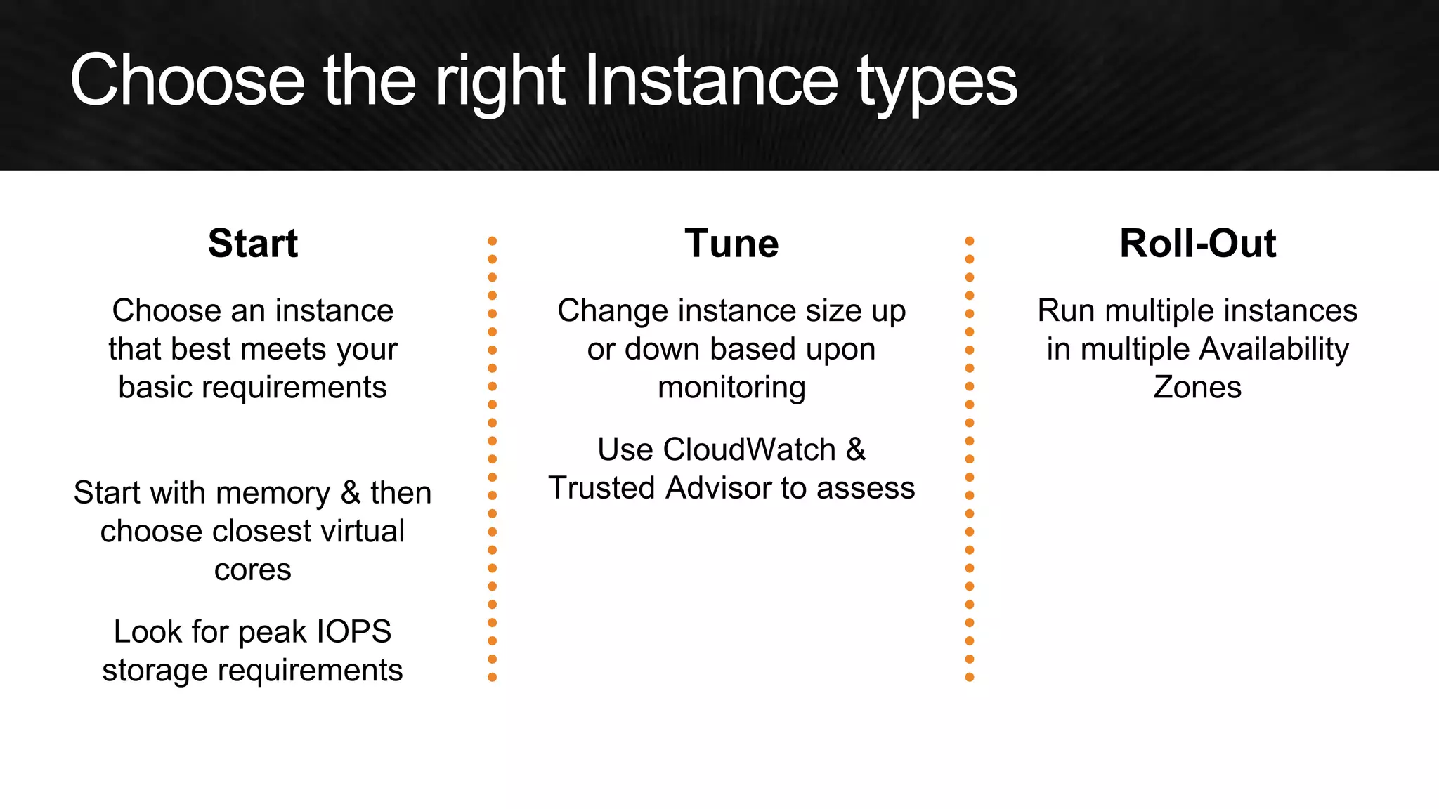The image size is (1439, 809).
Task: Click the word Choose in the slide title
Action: pyautogui.click(x=187, y=81)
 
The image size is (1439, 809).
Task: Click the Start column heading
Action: pyautogui.click(x=253, y=244)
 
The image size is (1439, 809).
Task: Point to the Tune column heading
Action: pyautogui.click(x=731, y=244)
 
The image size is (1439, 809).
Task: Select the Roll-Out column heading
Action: pyautogui.click(x=1197, y=244)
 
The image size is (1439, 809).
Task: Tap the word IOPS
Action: pyautogui.click(x=353, y=631)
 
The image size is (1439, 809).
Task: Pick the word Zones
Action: pyautogui.click(x=1197, y=387)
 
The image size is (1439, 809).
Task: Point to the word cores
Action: pyautogui.click(x=252, y=570)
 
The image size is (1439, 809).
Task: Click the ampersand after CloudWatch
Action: pyautogui.click(x=855, y=449)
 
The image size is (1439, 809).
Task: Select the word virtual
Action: pyautogui.click(x=358, y=531)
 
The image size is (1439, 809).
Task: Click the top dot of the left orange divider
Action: pyautogui.click(x=492, y=241)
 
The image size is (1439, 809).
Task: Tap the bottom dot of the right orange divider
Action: pyautogui.click(x=970, y=677)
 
